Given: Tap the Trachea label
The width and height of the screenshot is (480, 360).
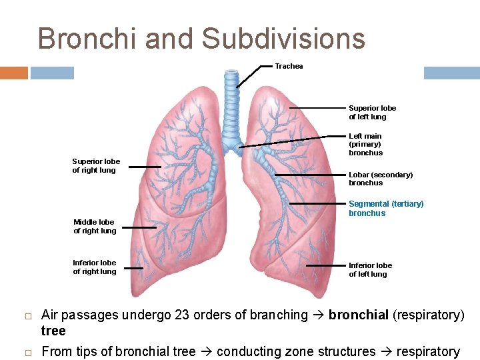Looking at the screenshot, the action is (x=289, y=66).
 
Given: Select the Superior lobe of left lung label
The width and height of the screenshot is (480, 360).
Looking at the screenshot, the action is (x=372, y=112).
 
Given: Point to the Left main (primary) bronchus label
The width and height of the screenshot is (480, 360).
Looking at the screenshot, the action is (x=365, y=144).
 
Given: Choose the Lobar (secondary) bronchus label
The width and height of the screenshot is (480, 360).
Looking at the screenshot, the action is (x=380, y=179).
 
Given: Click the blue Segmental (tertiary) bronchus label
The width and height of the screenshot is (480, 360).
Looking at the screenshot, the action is (x=385, y=208).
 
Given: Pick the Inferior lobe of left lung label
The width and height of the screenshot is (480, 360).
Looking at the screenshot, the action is (x=370, y=269).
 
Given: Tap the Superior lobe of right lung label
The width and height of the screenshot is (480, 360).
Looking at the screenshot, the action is (x=96, y=165).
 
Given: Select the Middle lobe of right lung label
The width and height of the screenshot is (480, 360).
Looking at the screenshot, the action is (x=95, y=226).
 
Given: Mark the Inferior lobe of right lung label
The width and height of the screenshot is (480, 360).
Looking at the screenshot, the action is (x=94, y=267).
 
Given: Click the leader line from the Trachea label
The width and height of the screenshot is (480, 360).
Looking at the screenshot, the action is (x=253, y=76).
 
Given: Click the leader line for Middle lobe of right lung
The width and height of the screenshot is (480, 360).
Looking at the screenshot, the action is (x=139, y=227).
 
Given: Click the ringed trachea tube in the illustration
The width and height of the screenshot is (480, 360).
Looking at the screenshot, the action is (x=231, y=107).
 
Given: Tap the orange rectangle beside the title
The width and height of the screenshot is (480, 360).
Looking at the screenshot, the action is (x=13, y=73).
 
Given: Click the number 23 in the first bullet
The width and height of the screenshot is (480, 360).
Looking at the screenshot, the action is (x=182, y=315).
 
